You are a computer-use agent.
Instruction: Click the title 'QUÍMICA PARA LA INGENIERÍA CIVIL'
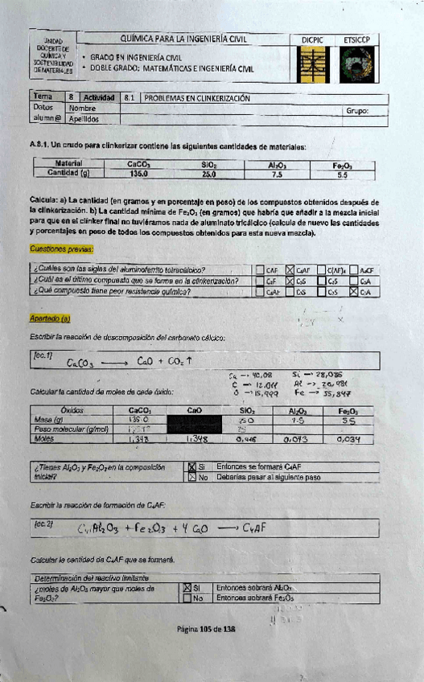(183, 38)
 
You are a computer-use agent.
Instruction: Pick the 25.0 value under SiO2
(209, 173)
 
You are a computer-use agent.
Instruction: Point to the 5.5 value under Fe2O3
(342, 173)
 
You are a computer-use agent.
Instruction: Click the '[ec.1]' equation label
(43, 354)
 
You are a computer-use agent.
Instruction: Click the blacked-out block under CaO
(194, 425)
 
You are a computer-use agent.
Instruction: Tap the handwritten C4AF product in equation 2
(255, 528)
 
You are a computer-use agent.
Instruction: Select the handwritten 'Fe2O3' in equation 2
(149, 528)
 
